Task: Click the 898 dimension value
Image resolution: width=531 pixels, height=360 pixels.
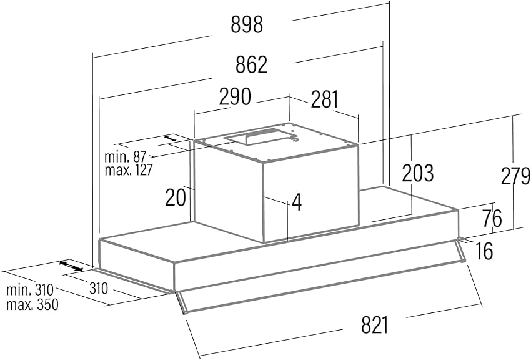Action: pyautogui.click(x=247, y=25)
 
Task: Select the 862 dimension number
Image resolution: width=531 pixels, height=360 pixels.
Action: pyautogui.click(x=252, y=64)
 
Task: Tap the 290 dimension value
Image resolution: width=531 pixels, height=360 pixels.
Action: pyautogui.click(x=235, y=97)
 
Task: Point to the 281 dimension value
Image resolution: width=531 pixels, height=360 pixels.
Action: pyautogui.click(x=324, y=99)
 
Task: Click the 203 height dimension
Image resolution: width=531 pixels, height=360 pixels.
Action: pyautogui.click(x=417, y=173)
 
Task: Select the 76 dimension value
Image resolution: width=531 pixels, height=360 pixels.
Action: pyautogui.click(x=492, y=219)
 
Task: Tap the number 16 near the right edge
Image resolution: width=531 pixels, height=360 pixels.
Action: pyautogui.click(x=483, y=251)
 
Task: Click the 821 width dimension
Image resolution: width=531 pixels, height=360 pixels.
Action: pyautogui.click(x=375, y=325)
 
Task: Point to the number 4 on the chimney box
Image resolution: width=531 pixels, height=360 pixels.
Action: pyautogui.click(x=297, y=202)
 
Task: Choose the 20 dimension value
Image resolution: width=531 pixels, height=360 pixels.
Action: pyautogui.click(x=176, y=197)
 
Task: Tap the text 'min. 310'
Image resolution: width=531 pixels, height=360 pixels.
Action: pyautogui.click(x=29, y=291)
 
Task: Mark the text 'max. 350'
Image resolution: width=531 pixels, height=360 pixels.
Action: pyautogui.click(x=32, y=305)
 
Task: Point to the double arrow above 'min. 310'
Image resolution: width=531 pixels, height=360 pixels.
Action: pyautogui.click(x=71, y=266)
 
